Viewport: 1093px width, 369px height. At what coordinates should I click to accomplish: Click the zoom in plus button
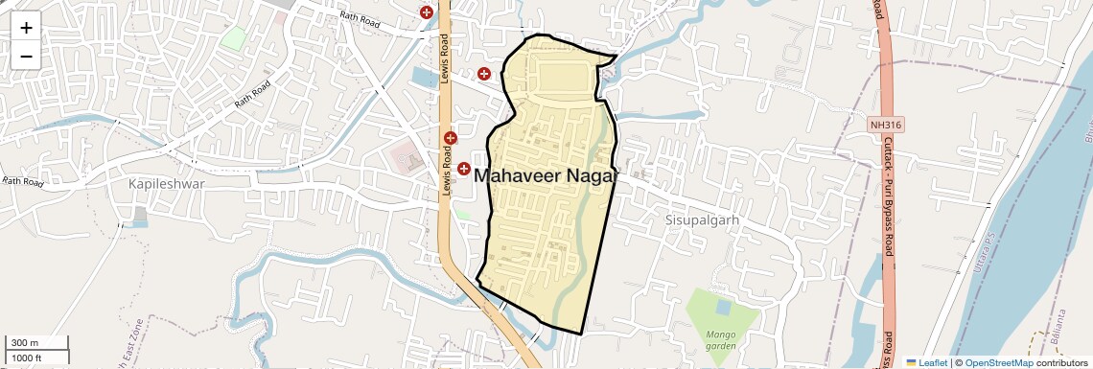click(26, 28)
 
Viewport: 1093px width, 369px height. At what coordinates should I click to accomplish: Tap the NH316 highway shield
click(886, 125)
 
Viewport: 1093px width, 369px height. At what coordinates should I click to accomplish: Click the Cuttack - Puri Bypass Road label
click(889, 196)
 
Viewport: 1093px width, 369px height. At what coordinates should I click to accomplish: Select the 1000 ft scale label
click(27, 358)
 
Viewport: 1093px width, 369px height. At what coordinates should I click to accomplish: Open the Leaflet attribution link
click(926, 362)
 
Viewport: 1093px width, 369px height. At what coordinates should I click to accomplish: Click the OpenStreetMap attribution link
click(998, 362)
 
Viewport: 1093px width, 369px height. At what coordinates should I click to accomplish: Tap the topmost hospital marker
click(426, 12)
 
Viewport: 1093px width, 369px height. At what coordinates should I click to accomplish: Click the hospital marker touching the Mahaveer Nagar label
click(463, 169)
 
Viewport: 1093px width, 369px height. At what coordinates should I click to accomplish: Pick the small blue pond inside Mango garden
click(722, 308)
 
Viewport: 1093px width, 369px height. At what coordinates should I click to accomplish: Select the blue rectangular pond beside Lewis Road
click(422, 75)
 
